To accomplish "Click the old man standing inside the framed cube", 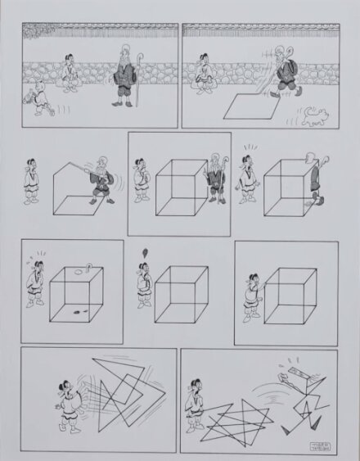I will coord(217,179).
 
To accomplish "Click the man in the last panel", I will coord(194,401).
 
